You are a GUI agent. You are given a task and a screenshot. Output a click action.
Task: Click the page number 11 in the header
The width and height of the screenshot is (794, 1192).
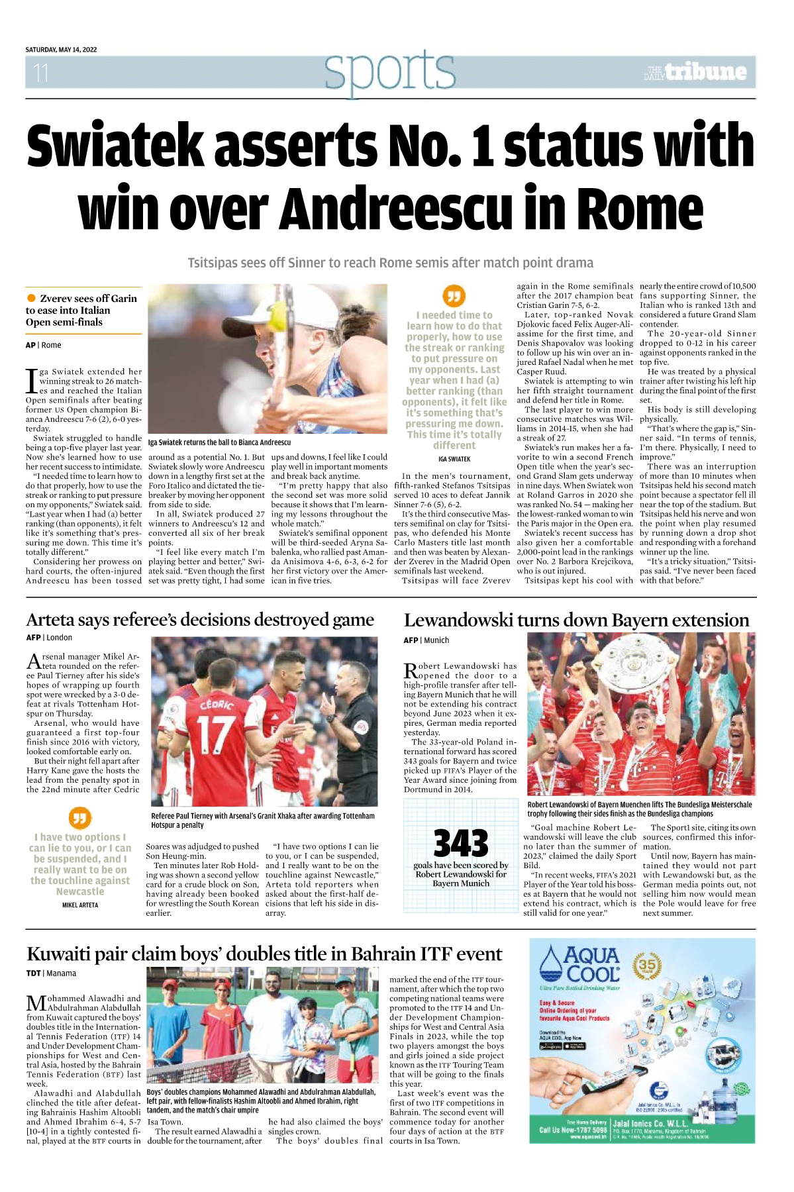tap(41, 72)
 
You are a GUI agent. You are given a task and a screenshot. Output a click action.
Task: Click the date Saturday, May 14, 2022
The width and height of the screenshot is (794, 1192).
tap(61, 50)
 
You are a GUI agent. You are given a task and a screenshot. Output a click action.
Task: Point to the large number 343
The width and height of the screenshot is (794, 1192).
tap(461, 843)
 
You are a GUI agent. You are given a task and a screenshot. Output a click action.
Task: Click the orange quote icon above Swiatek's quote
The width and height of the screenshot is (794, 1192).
tap(454, 295)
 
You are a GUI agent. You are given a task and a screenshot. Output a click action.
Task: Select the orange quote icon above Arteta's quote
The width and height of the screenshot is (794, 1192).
tap(80, 818)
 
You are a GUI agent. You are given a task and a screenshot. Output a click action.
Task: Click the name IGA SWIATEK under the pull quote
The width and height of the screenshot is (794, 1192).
tap(454, 459)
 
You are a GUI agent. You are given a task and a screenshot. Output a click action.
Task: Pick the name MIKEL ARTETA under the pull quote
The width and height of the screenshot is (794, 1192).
tap(80, 905)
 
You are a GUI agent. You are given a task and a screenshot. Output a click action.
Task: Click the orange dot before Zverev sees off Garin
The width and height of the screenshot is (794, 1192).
tap(31, 299)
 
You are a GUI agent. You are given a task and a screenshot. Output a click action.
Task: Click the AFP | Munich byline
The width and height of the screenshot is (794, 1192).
tap(426, 640)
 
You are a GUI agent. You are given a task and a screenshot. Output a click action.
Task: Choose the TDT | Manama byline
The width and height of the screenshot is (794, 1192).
tap(51, 973)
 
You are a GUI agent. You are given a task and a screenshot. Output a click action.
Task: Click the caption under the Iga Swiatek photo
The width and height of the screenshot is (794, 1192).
tap(219, 442)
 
